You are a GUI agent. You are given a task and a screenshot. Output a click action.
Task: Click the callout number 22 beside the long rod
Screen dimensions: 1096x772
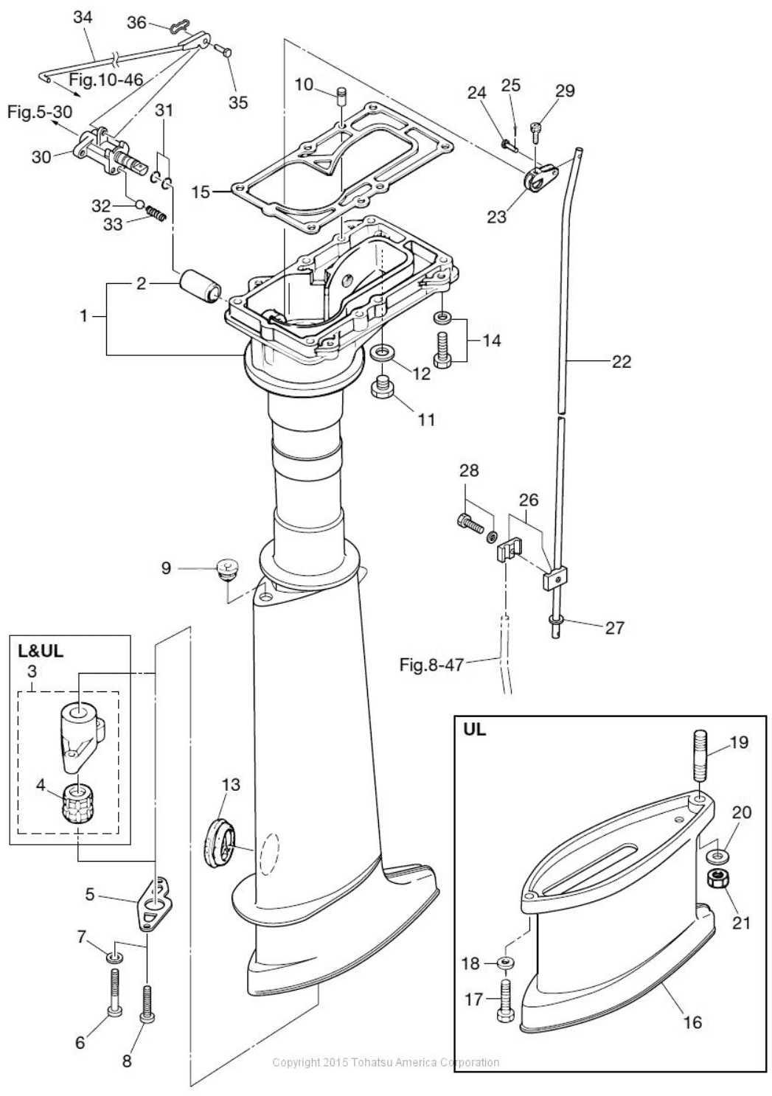[621, 361]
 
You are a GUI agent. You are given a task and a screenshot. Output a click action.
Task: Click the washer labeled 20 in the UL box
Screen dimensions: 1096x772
[714, 857]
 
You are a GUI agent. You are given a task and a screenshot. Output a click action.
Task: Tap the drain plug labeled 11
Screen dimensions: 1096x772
[383, 387]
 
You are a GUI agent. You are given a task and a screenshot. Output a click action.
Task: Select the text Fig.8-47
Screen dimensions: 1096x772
[431, 665]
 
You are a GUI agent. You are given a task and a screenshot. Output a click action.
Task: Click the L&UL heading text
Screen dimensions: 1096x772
[41, 652]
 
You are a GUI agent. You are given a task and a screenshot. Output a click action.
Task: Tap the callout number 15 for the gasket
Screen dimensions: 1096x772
[201, 193]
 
